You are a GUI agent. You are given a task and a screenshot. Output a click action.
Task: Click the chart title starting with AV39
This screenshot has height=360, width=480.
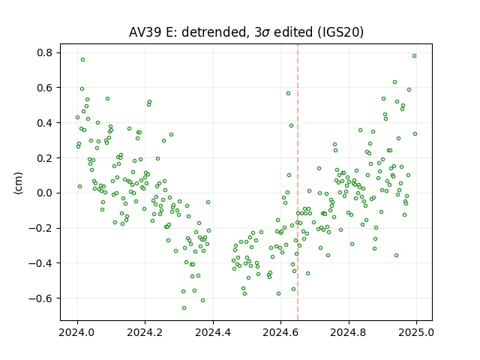[246, 32]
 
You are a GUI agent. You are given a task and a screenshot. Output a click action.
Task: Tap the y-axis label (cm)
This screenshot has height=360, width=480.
[18, 183]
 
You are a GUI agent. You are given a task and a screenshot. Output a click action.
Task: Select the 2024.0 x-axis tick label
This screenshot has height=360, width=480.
[77, 332]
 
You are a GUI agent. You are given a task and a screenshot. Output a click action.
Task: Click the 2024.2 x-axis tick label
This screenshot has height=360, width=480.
[145, 332]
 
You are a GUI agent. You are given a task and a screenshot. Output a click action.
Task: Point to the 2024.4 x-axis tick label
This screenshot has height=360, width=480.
[213, 332]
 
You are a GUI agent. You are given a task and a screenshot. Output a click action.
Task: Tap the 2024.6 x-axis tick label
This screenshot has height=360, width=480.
[280, 332]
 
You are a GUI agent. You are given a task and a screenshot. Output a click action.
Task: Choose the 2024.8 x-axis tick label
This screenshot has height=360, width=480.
[348, 332]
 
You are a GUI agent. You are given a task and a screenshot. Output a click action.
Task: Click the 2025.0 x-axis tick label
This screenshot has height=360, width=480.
[416, 332]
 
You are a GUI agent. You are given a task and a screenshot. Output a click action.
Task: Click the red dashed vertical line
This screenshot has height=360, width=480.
[298, 182]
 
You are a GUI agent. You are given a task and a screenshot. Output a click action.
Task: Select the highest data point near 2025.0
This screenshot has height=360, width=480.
[414, 56]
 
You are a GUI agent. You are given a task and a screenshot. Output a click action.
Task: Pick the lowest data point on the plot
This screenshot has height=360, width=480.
[184, 308]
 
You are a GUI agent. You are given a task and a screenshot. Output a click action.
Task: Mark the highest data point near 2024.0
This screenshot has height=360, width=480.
[82, 60]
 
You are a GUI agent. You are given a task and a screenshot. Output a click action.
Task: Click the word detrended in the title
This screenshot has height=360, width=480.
[214, 32]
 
